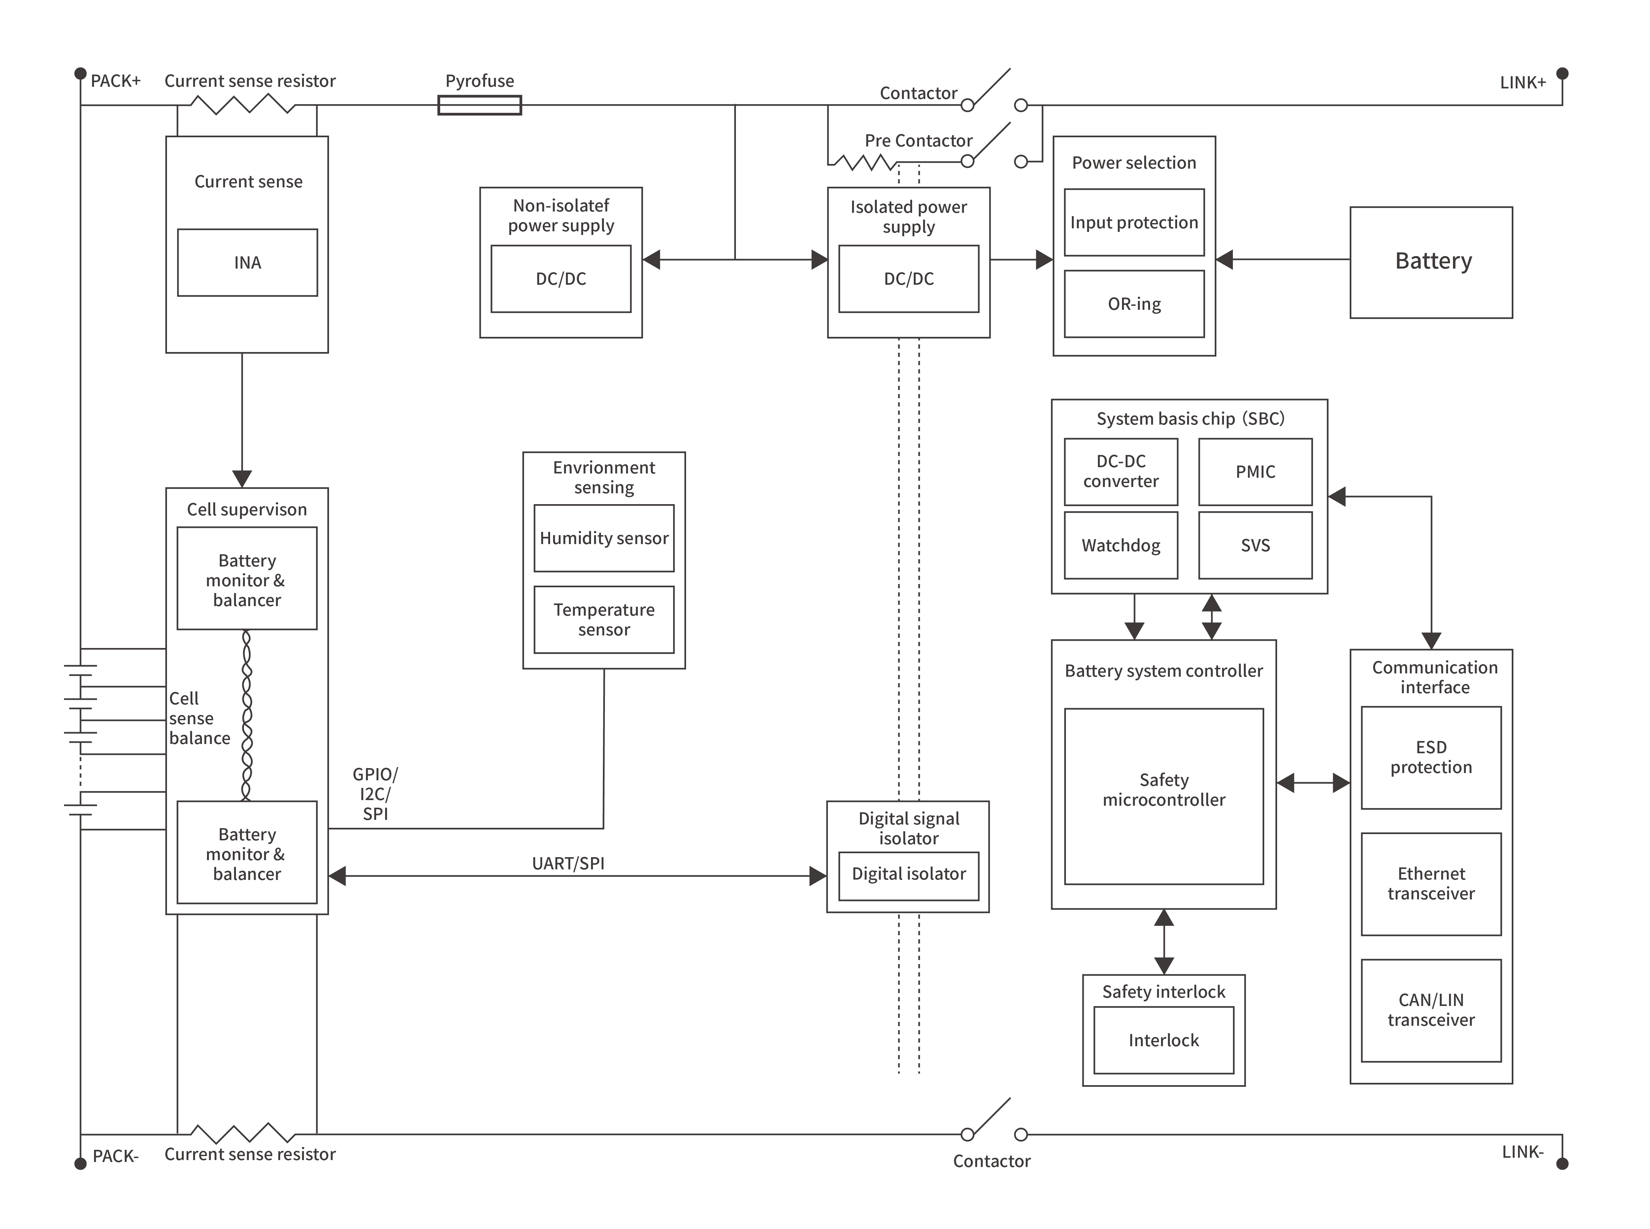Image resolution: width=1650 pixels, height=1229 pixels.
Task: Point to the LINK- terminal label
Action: (x=1522, y=1151)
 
